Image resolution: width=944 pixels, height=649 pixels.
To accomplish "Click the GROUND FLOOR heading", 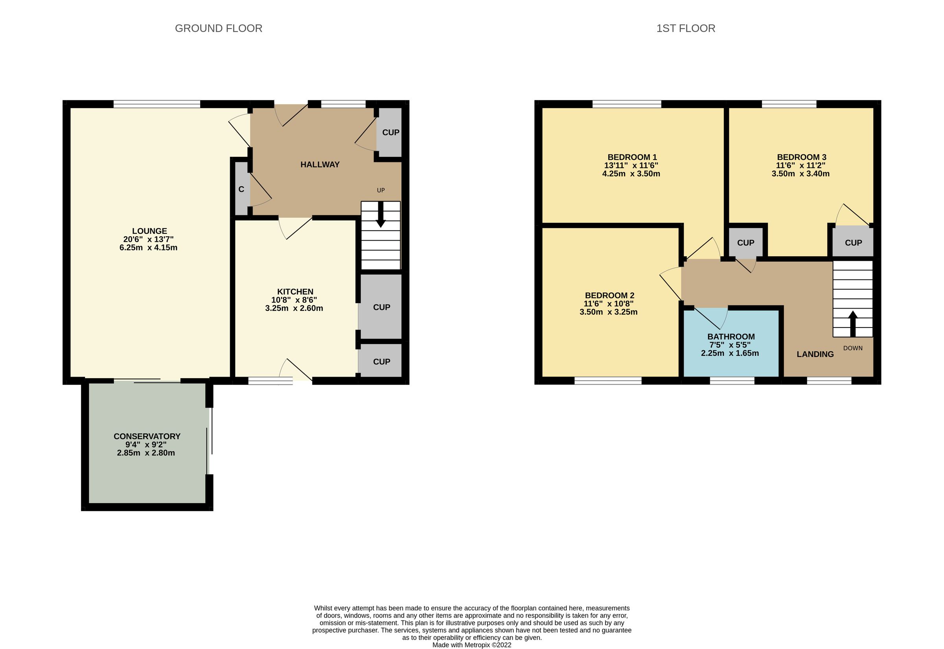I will (x=219, y=28).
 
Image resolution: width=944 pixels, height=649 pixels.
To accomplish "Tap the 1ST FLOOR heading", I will (x=686, y=28).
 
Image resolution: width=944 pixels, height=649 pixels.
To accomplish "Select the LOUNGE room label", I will (x=149, y=231).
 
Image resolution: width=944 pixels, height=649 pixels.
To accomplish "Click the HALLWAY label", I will (x=320, y=165).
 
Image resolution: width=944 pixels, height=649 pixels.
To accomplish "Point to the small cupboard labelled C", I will (x=241, y=189).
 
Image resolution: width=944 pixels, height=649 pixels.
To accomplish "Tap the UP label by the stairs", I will (x=381, y=190).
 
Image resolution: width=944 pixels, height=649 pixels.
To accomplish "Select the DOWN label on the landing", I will (x=853, y=348).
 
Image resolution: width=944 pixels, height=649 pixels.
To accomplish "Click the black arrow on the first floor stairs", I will (x=852, y=324).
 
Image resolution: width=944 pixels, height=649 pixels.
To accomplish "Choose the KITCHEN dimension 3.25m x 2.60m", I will (x=294, y=308).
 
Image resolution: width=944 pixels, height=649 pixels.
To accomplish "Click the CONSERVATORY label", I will (x=147, y=436).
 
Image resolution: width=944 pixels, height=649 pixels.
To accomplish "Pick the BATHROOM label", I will (x=731, y=337).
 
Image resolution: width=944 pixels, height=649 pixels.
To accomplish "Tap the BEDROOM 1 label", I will (x=632, y=157).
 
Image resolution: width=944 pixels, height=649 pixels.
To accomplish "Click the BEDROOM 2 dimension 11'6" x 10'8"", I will (x=609, y=304).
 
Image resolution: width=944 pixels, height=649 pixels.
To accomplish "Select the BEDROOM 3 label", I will (x=802, y=157).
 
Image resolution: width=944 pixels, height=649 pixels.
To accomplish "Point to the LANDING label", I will (x=815, y=354).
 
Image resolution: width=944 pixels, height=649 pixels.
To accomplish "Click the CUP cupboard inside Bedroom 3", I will (x=853, y=243).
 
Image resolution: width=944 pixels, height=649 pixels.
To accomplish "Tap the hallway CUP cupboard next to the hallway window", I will (x=391, y=132).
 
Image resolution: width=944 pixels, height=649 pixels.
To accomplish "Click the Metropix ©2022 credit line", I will (x=472, y=645).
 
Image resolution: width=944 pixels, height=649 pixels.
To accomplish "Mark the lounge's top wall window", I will (x=157, y=104).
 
